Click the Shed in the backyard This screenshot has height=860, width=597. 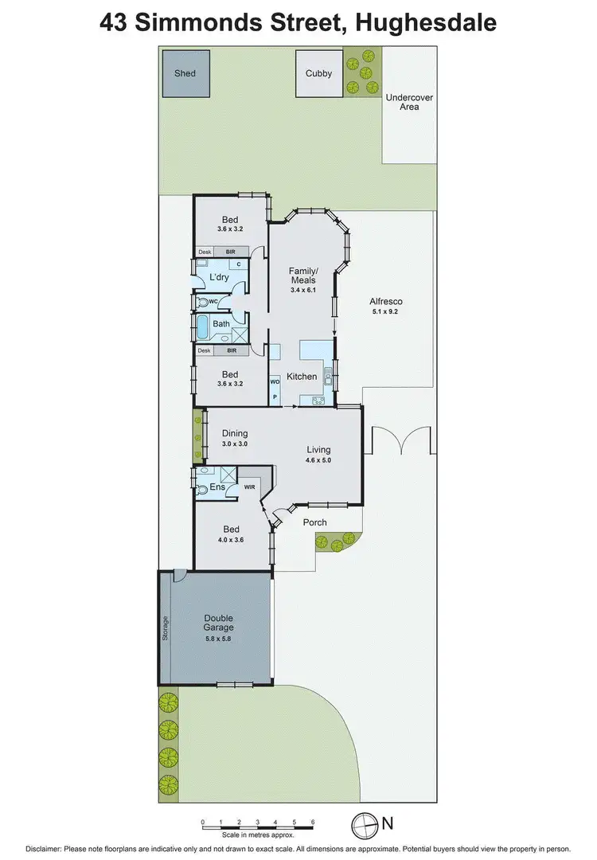click(185, 73)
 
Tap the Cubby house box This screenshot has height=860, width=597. click(318, 73)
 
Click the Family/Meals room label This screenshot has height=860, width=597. click(302, 276)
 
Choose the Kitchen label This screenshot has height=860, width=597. click(302, 377)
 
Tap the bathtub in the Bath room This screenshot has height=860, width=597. click(201, 325)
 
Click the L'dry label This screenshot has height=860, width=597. click(219, 277)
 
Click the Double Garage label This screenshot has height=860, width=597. click(218, 623)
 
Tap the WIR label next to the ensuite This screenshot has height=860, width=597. click(249, 486)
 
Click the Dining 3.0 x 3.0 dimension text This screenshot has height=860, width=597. click(235, 444)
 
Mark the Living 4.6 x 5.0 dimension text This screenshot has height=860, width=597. click(318, 460)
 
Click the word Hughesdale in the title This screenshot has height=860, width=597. click(427, 22)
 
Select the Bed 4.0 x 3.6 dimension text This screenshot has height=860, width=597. click(230, 540)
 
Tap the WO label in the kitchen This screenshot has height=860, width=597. click(275, 381)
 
